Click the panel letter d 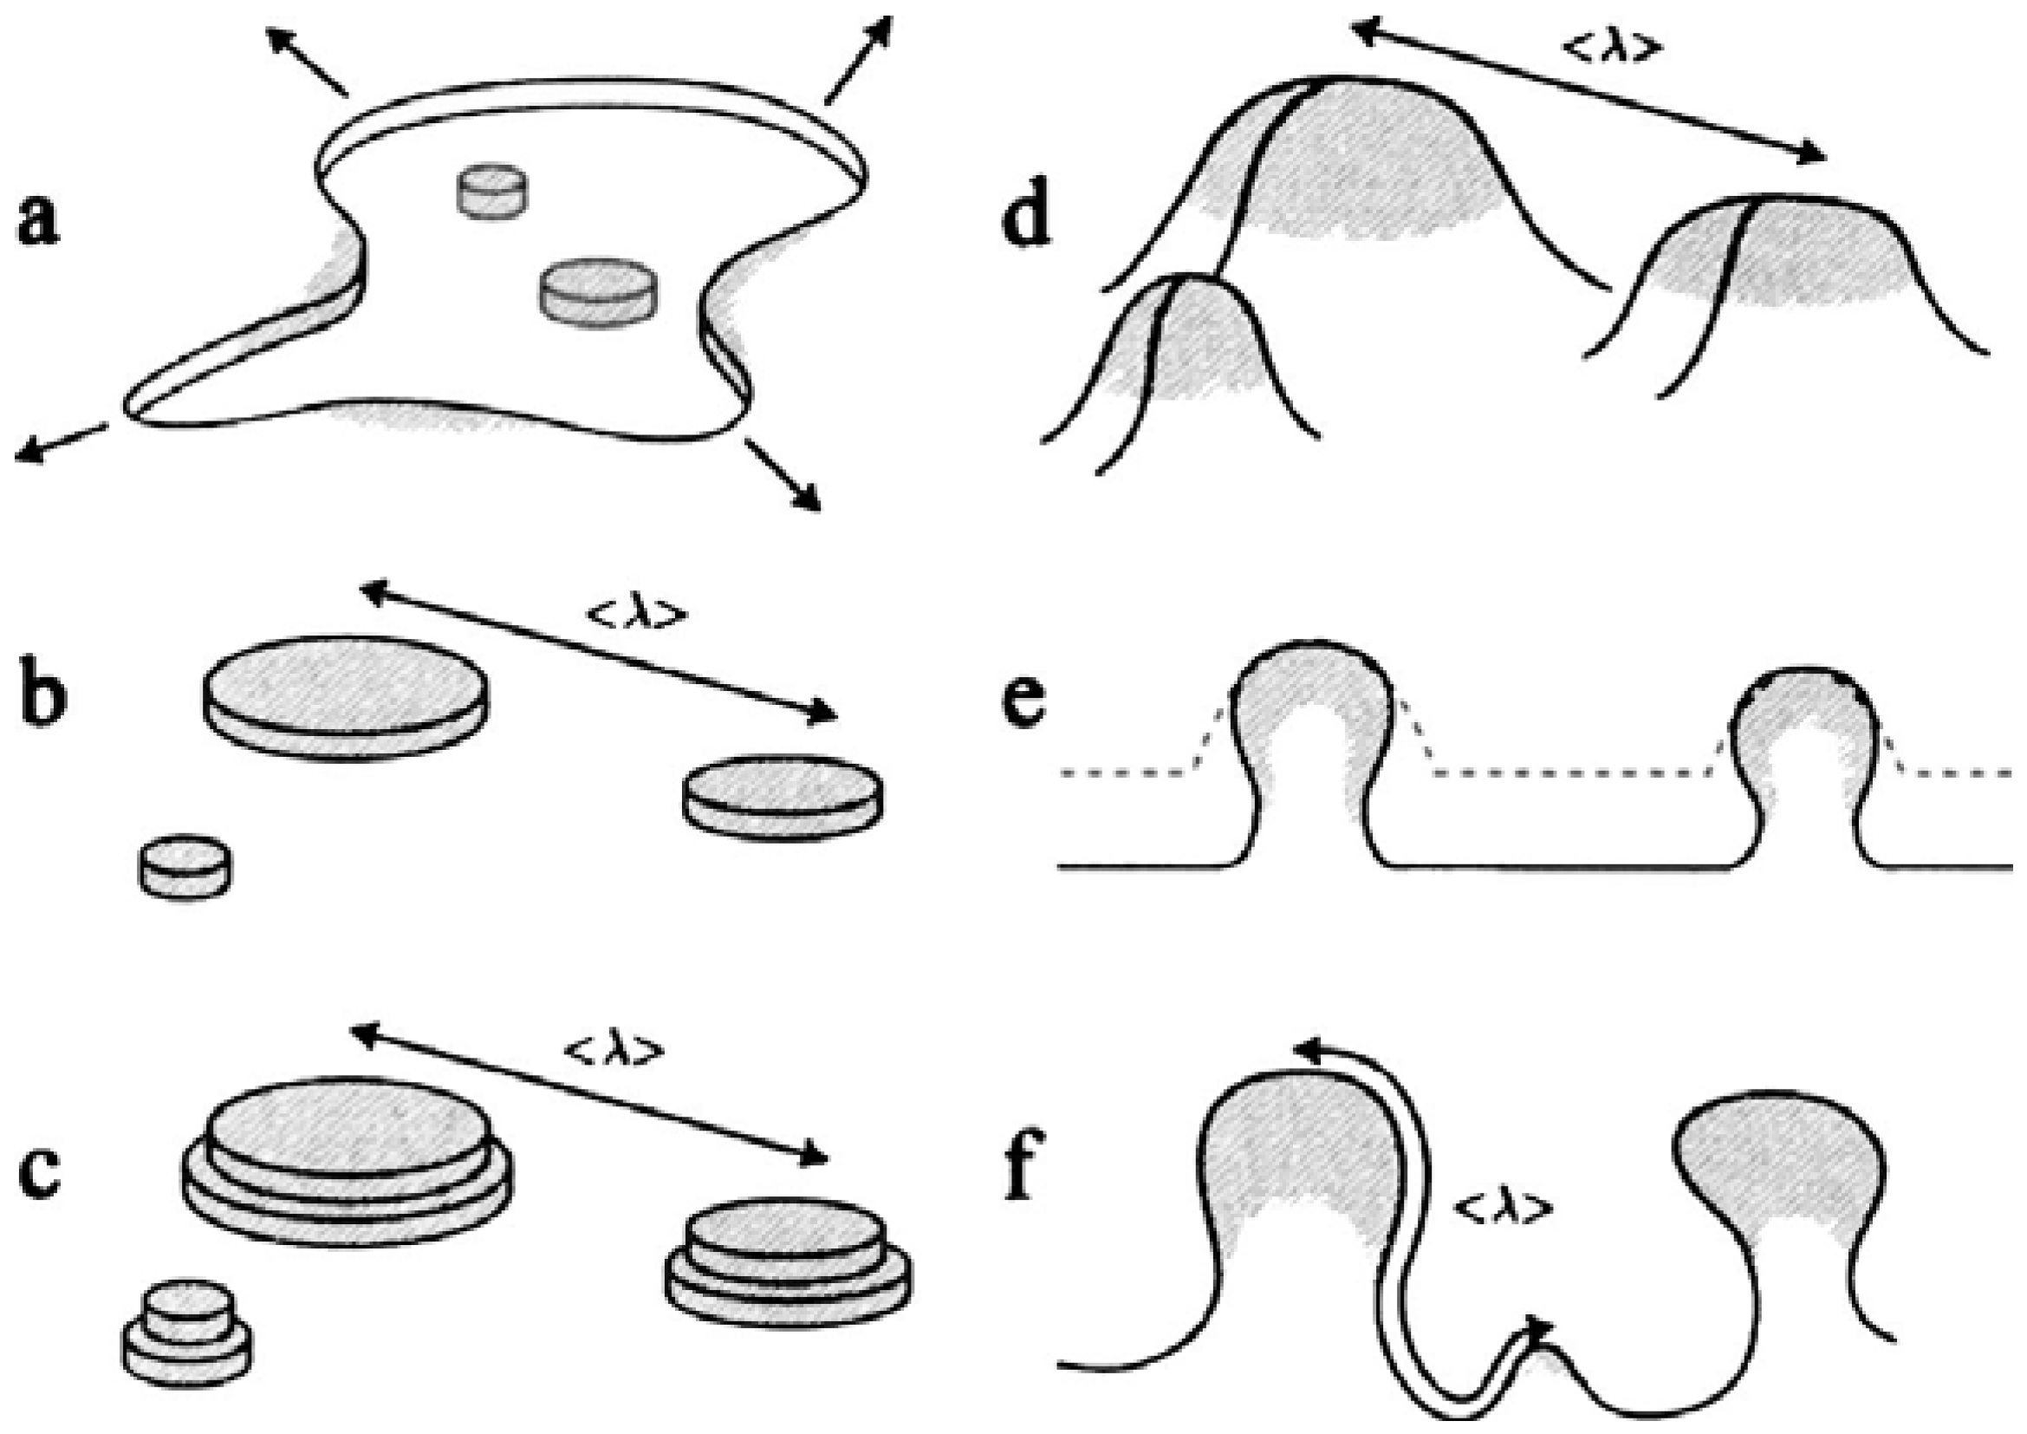click(1026, 218)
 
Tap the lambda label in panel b click(635, 616)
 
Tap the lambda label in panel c click(613, 1050)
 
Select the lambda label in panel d click(1613, 49)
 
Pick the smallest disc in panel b click(185, 866)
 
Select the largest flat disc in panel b click(345, 697)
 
